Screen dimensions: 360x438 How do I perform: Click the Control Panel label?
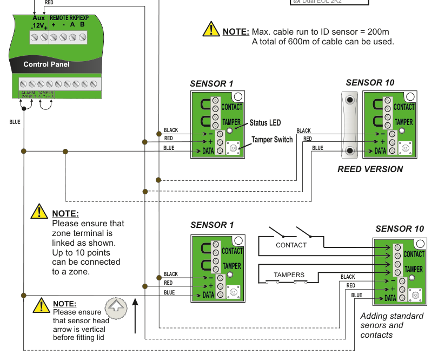47,64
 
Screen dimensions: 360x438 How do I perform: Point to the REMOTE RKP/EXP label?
69,18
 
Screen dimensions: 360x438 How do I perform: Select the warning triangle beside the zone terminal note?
39,212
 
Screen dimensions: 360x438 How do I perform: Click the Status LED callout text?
265,123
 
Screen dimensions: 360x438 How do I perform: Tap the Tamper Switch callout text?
272,140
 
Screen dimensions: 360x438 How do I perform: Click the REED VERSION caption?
370,169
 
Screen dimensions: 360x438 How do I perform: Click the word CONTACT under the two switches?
291,245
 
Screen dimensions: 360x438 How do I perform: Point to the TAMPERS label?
289,275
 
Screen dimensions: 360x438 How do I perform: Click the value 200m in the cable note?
378,32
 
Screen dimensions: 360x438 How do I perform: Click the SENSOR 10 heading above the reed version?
370,83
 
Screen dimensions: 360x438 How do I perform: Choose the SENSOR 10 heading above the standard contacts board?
400,229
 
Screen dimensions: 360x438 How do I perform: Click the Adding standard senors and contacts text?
391,325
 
